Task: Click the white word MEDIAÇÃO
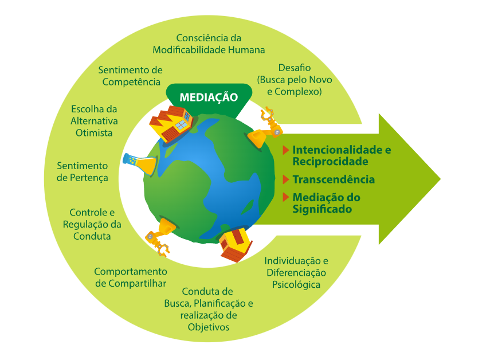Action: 209,97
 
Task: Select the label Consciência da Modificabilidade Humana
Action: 209,44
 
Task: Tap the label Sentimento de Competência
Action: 131,76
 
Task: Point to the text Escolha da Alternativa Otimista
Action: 95,120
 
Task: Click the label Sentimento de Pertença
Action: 83,171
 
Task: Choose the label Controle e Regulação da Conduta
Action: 92,224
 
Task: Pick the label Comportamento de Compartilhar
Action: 131,277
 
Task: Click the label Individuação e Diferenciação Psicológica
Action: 296,272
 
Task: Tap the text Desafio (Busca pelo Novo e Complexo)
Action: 295,80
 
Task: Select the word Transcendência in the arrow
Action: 334,179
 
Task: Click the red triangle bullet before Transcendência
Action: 285,179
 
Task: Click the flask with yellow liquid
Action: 140,164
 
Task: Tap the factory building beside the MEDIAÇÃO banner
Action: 170,124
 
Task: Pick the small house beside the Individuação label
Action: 236,244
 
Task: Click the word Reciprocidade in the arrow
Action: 330,161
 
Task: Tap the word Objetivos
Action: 209,327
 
